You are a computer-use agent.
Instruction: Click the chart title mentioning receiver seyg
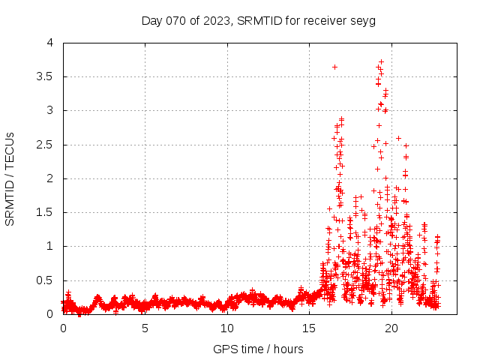pos(258,20)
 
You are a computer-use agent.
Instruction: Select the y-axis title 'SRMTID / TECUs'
pos(10,178)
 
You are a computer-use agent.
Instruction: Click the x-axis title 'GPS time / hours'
pos(258,349)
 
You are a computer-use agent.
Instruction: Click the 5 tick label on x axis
pos(145,328)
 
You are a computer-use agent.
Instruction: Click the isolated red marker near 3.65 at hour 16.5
pos(334,67)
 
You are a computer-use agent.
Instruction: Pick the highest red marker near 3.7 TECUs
pos(381,61)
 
